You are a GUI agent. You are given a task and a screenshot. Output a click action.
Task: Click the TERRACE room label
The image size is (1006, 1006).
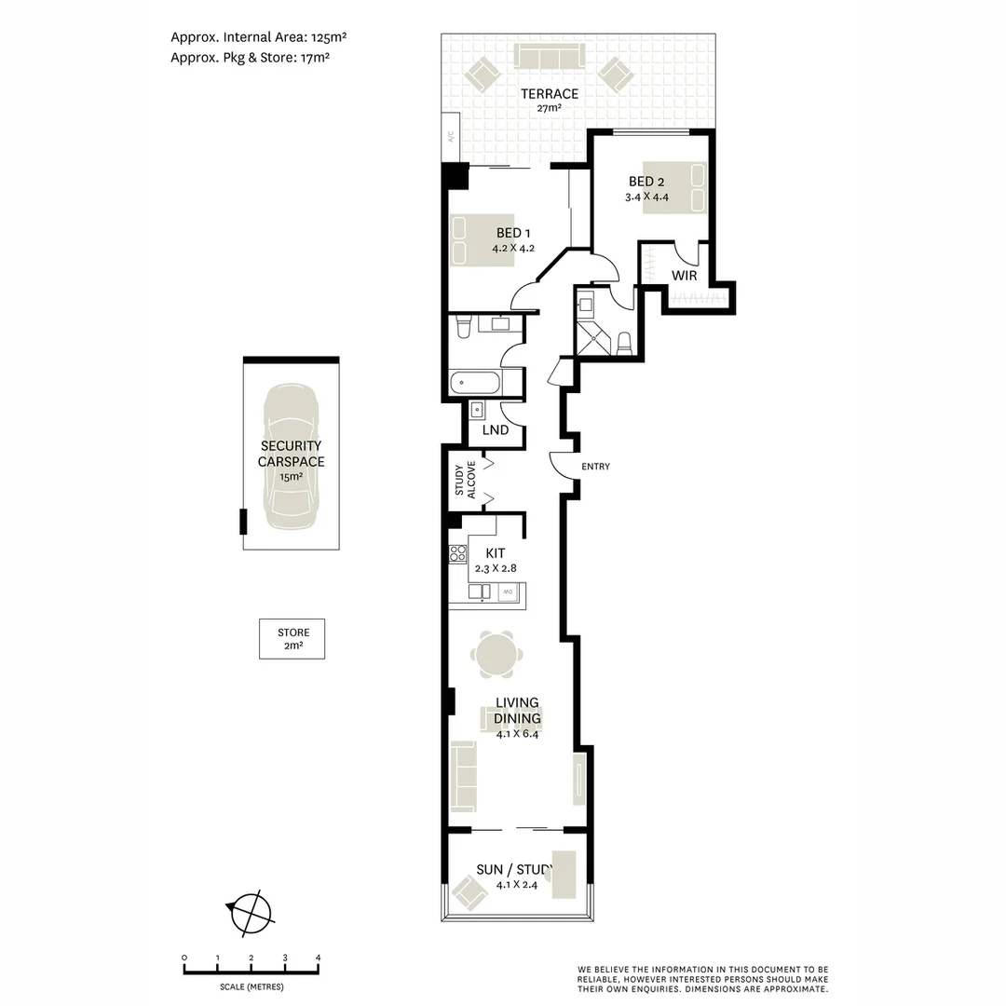coord(549,94)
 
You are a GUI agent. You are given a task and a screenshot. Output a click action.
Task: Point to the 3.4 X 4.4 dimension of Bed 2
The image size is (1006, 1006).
coord(647,197)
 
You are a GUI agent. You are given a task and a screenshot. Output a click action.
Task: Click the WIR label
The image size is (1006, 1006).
coord(684,276)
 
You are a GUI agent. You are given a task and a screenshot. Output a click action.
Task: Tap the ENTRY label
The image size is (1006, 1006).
coord(595,467)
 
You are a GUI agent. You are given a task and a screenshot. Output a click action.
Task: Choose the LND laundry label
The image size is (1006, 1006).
coord(496,430)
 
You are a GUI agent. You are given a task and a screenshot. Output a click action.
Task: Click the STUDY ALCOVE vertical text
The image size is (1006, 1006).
coord(465,480)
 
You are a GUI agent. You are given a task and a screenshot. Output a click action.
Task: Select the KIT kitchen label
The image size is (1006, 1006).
coord(496,553)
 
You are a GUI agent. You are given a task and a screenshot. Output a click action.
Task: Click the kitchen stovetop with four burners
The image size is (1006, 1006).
coord(457,554)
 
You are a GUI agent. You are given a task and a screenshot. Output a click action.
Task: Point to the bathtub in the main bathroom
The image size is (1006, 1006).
coord(475,383)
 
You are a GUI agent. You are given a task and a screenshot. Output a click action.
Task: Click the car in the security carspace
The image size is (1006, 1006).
coord(291,457)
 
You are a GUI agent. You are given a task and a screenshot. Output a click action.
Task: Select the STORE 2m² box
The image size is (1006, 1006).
coord(292,639)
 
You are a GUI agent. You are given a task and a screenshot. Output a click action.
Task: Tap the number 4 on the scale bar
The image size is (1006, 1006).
coord(319,958)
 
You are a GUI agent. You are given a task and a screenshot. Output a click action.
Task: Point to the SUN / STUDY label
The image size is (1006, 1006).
coord(514,870)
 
